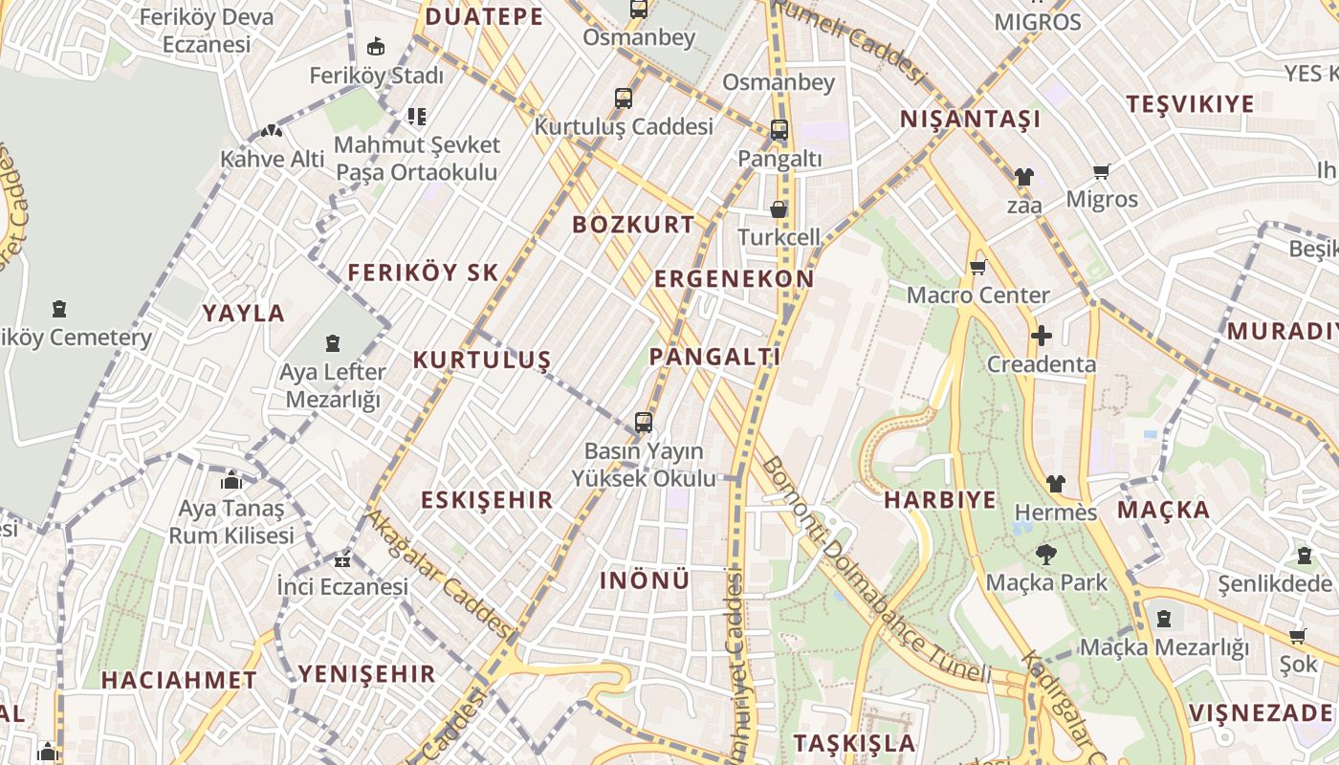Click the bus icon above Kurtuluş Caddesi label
coord(624,98)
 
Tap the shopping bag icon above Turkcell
coord(779,209)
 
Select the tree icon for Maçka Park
coord(1044,554)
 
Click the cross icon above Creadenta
coord(1042,336)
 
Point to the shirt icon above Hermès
coord(1055,484)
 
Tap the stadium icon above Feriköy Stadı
coord(376,46)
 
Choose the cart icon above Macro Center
coord(977,268)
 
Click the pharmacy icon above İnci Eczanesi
coord(342,560)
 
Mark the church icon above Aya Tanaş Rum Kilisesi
coord(231,480)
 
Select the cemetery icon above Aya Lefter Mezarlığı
coord(333,343)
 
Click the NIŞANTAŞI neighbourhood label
coord(970,120)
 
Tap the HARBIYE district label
coord(939,500)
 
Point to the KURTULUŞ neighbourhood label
coord(482,361)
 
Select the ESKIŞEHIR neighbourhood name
coord(487,500)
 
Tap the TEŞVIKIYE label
coord(1190,104)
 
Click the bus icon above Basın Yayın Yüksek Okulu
coord(644,423)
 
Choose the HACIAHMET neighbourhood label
coord(179,681)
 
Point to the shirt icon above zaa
coord(1024,177)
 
